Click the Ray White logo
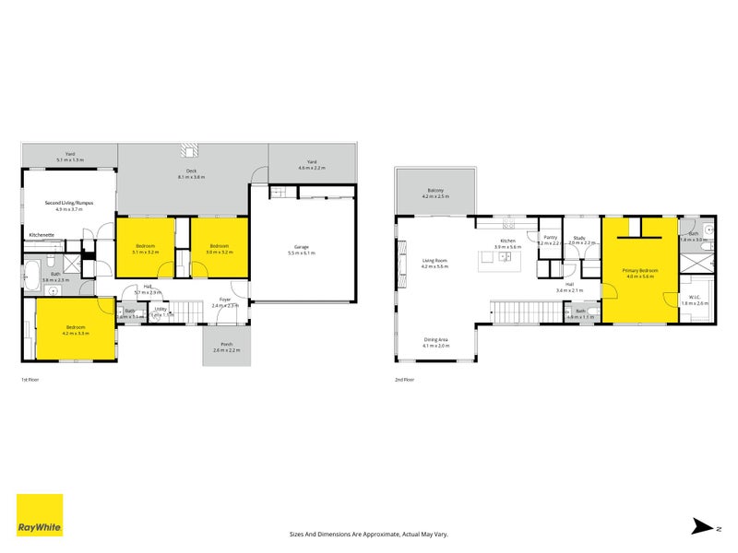click(40, 515)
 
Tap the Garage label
click(302, 246)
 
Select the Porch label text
click(226, 345)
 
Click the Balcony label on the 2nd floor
click(434, 191)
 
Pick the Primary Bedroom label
click(639, 269)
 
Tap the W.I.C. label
click(695, 297)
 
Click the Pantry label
click(550, 237)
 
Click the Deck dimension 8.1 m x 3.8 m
click(192, 177)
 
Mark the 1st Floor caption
click(30, 379)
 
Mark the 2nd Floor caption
click(404, 379)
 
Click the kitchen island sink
click(506, 257)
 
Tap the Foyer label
click(225, 300)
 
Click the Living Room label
click(434, 261)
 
